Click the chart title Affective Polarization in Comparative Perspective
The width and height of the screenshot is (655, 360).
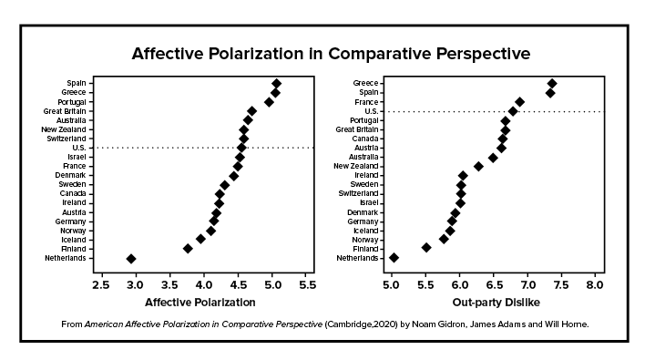point(331,53)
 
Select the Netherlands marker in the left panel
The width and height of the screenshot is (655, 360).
point(131,258)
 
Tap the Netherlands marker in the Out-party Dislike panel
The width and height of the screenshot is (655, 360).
point(394,258)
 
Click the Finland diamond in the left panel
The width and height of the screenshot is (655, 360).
point(188,248)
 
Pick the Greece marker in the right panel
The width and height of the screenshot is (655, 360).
point(551,84)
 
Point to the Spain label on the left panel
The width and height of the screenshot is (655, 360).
point(77,84)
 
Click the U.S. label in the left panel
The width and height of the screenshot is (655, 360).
point(78,148)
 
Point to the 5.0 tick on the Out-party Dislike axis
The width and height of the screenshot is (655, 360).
point(391,284)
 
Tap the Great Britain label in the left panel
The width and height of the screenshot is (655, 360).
point(65,111)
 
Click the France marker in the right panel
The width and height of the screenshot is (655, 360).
point(519,102)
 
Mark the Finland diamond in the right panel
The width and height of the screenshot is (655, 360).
point(426,247)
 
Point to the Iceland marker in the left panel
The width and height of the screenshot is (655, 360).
point(200,239)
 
